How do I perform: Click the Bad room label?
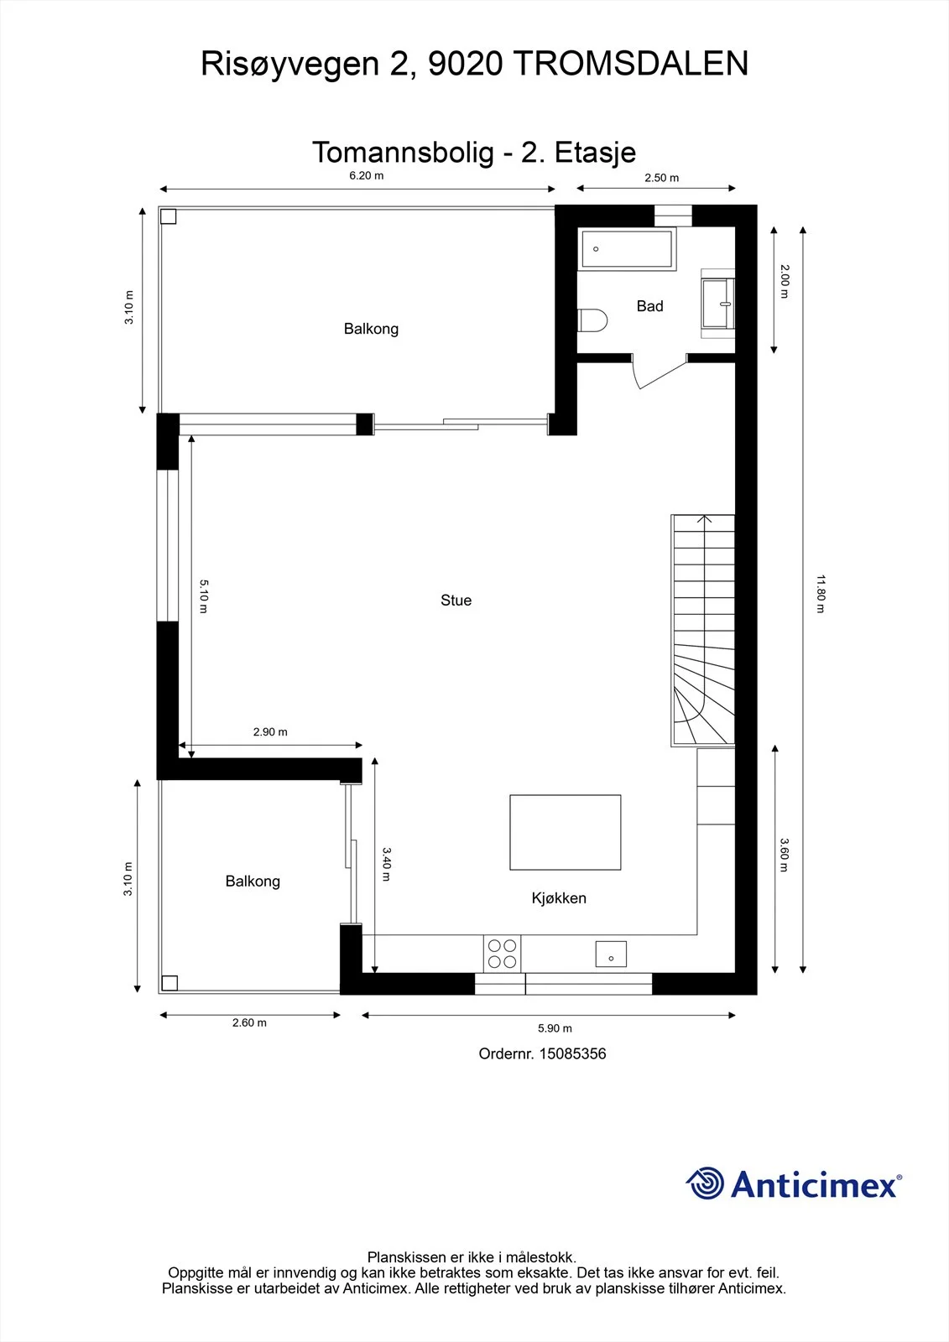pyautogui.click(x=649, y=306)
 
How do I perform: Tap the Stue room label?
pyautogui.click(x=456, y=601)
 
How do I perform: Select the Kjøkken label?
pyautogui.click(x=559, y=898)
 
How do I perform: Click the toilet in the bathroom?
pyautogui.click(x=592, y=320)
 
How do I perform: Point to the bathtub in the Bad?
pyautogui.click(x=627, y=249)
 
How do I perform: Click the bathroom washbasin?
pyautogui.click(x=718, y=304)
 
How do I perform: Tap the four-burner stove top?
pyautogui.click(x=503, y=953)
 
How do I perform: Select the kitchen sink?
pyautogui.click(x=611, y=954)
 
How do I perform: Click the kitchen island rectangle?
pyautogui.click(x=566, y=832)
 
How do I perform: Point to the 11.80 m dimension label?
pyautogui.click(x=821, y=594)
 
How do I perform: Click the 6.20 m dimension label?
pyautogui.click(x=367, y=175)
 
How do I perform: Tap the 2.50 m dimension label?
pyautogui.click(x=662, y=178)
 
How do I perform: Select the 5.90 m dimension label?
pyautogui.click(x=555, y=1028)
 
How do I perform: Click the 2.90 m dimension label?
pyautogui.click(x=270, y=732)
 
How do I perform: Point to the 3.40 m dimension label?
pyautogui.click(x=387, y=864)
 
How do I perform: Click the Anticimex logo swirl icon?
pyautogui.click(x=705, y=1183)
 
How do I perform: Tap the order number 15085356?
pyautogui.click(x=572, y=1053)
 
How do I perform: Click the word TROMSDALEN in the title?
pyautogui.click(x=631, y=64)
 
